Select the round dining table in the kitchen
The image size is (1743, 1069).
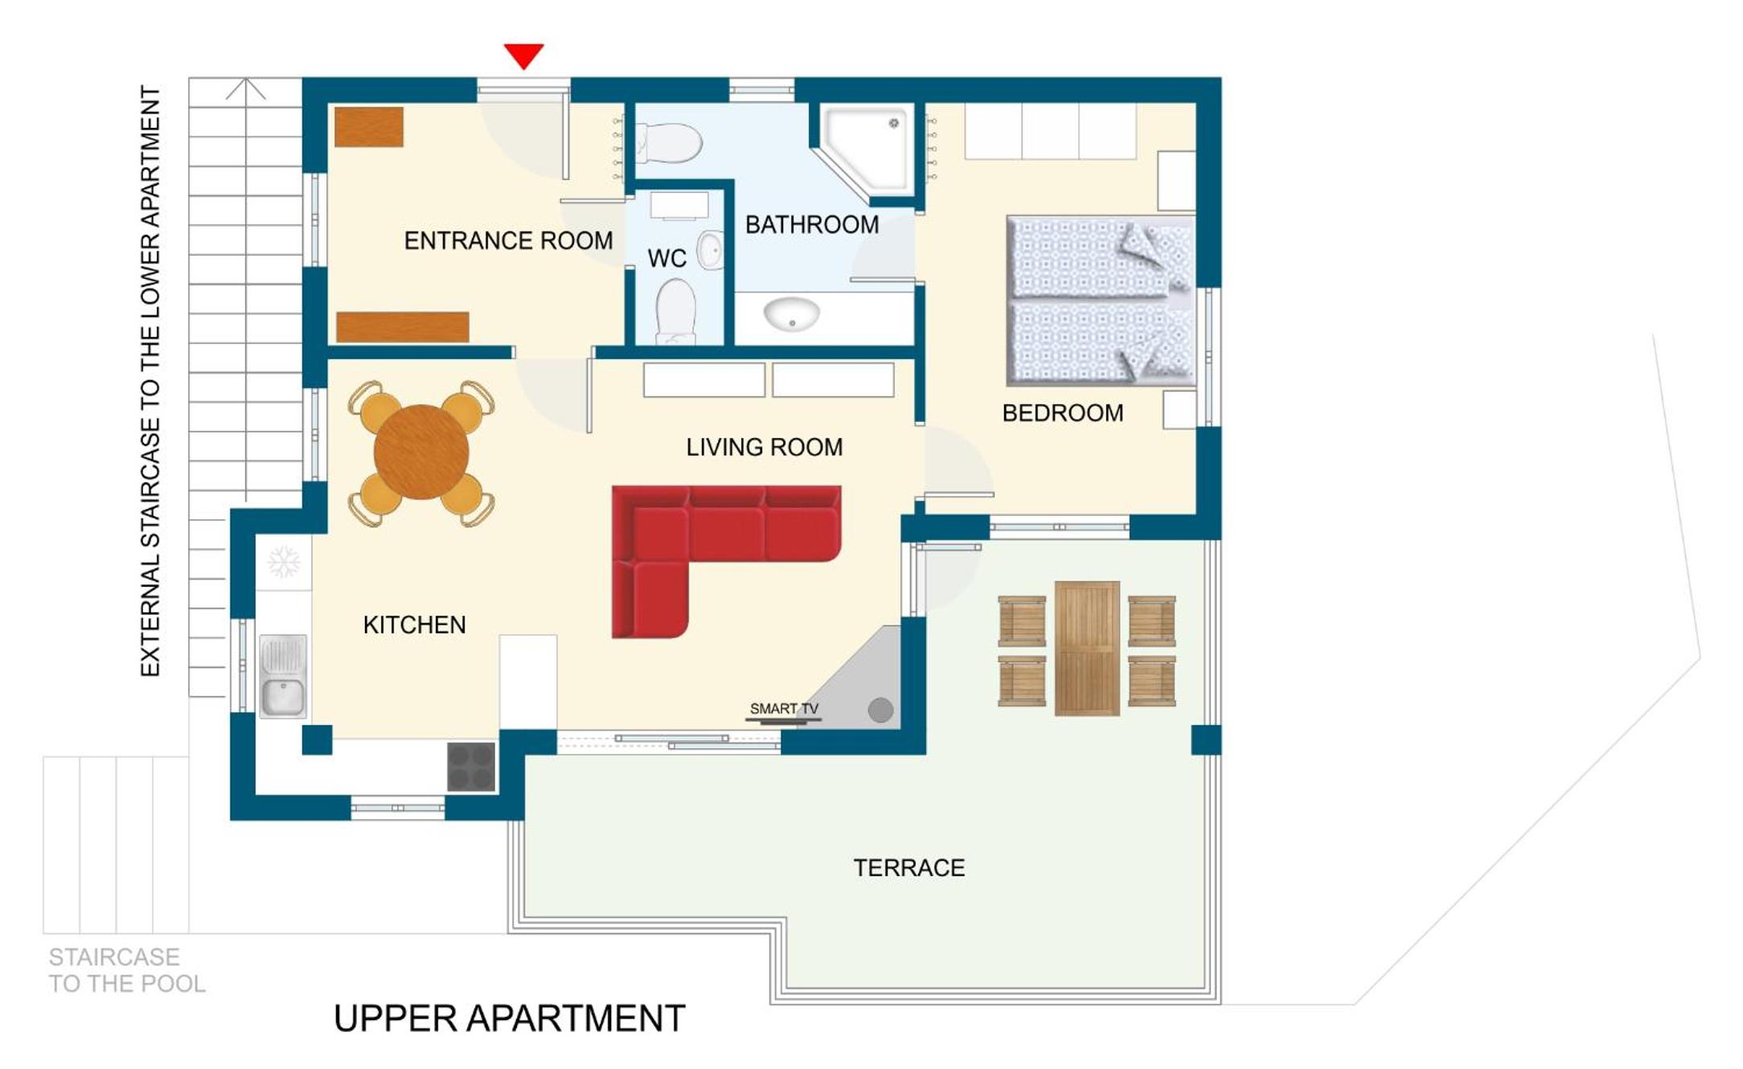[x=421, y=453]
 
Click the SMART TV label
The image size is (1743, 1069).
[x=784, y=708]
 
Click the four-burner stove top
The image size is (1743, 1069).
[x=471, y=767]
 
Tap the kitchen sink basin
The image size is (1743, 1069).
[x=283, y=676]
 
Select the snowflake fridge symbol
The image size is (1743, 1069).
[x=284, y=562]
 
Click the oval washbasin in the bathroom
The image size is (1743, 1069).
[x=791, y=313]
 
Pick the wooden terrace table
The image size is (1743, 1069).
[x=1087, y=648]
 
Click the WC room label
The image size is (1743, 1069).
[x=666, y=259]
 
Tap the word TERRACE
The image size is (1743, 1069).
[x=908, y=868]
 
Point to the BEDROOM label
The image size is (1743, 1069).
[x=1062, y=413]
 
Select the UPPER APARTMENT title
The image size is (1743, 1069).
[x=509, y=1018]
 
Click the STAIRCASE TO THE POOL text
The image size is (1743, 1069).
[x=126, y=970]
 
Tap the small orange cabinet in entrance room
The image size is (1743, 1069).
[x=369, y=127]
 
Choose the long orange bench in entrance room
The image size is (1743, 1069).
[x=403, y=327]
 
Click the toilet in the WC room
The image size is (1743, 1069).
[x=675, y=312]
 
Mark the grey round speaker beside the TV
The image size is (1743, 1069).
[x=880, y=710]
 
